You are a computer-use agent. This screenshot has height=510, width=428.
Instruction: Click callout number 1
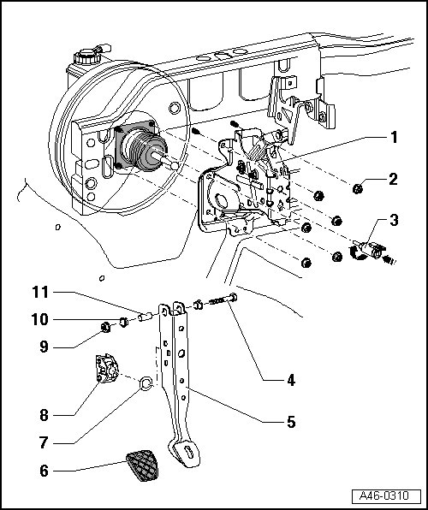pyautogui.click(x=394, y=138)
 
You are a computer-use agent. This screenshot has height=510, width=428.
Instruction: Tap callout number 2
pyautogui.click(x=393, y=179)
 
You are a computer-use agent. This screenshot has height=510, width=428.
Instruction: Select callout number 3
pyautogui.click(x=394, y=220)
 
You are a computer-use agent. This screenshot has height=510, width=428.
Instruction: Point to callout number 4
pyautogui.click(x=291, y=380)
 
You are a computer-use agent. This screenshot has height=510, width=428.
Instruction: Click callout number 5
pyautogui.click(x=291, y=422)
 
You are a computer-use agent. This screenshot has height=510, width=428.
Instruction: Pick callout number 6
pyautogui.click(x=44, y=471)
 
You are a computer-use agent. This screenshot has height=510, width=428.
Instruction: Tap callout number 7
pyautogui.click(x=44, y=442)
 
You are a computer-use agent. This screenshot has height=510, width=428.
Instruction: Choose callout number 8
pyautogui.click(x=44, y=415)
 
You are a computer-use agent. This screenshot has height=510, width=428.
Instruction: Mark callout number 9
pyautogui.click(x=44, y=347)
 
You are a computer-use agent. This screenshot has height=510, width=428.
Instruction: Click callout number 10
pyautogui.click(x=40, y=319)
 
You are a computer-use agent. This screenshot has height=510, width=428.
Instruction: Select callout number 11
pyautogui.click(x=40, y=292)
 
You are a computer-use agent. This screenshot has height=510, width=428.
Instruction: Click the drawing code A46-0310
pyautogui.click(x=384, y=495)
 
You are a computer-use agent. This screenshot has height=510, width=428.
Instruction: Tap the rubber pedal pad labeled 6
pyautogui.click(x=143, y=466)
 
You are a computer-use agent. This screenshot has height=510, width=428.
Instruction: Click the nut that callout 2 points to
pyautogui.click(x=358, y=188)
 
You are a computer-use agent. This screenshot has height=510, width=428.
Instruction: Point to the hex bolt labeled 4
pyautogui.click(x=223, y=299)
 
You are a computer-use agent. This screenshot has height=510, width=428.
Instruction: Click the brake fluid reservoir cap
pyautogui.click(x=87, y=56)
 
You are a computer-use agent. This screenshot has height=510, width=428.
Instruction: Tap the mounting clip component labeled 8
pyautogui.click(x=107, y=369)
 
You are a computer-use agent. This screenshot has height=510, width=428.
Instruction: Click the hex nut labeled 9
pyautogui.click(x=105, y=327)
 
